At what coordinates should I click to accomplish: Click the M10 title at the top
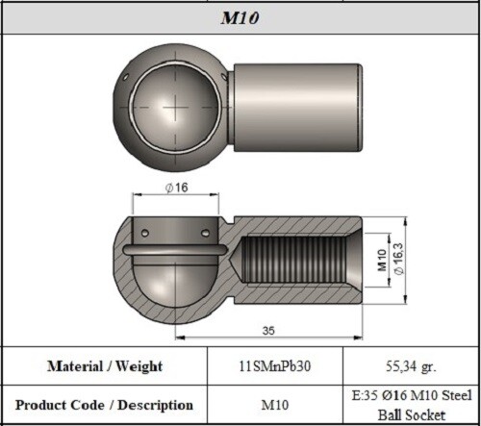[x=240, y=18]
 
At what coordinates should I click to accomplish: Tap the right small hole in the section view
[x=203, y=233]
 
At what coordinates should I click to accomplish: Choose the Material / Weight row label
[x=105, y=366]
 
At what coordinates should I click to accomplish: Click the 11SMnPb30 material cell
[x=275, y=366]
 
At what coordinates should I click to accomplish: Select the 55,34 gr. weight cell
[x=410, y=366]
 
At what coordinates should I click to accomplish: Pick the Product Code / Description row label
[x=105, y=405]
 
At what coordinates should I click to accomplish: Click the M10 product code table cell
[x=275, y=405]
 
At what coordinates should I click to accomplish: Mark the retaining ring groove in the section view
[x=173, y=252]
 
